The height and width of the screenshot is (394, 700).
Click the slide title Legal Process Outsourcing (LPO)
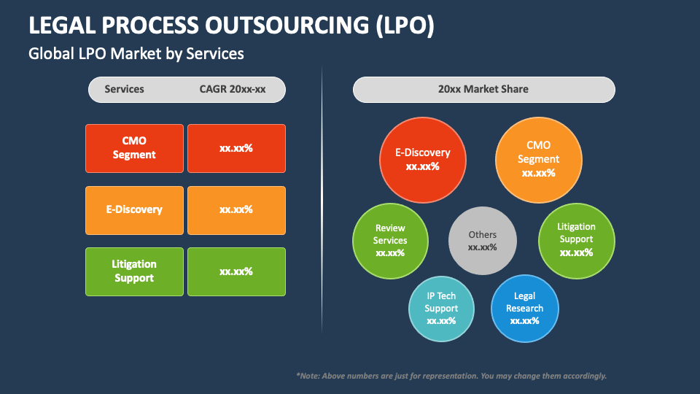click(231, 25)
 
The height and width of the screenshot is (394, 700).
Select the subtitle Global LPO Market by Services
click(136, 53)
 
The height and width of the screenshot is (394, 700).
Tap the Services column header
click(124, 89)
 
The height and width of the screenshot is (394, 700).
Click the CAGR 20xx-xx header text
click(232, 89)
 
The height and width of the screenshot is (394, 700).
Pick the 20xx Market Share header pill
click(483, 89)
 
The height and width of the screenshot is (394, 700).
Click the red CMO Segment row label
click(134, 148)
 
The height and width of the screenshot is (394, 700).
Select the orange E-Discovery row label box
click(134, 209)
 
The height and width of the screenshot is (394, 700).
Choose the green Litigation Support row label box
click(134, 271)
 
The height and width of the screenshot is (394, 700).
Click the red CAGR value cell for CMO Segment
click(236, 148)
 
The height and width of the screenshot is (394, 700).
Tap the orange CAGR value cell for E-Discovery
click(236, 209)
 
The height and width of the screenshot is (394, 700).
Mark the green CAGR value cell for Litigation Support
click(236, 271)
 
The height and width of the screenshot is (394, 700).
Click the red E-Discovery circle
click(423, 159)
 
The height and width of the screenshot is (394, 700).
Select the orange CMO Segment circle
click(538, 159)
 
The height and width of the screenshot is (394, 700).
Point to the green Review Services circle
click(390, 240)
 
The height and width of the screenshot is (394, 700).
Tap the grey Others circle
click(482, 241)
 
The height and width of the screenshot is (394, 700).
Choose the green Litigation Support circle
click(576, 240)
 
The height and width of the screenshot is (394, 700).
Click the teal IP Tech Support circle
click(441, 308)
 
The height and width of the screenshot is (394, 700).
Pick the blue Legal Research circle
click(524, 308)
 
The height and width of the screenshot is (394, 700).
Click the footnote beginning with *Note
click(451, 376)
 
